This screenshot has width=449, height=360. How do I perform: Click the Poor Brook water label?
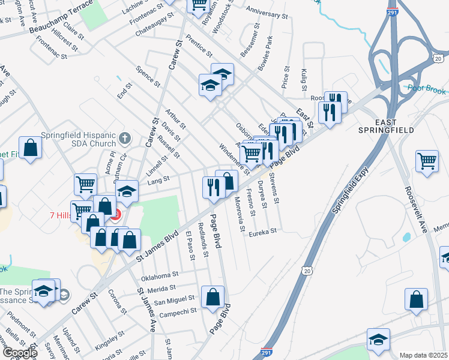(427, 88)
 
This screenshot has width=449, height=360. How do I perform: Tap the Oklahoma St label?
(160, 276)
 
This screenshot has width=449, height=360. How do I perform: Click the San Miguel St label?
(174, 299)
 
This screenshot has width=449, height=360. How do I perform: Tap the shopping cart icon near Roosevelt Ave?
(427, 161)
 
